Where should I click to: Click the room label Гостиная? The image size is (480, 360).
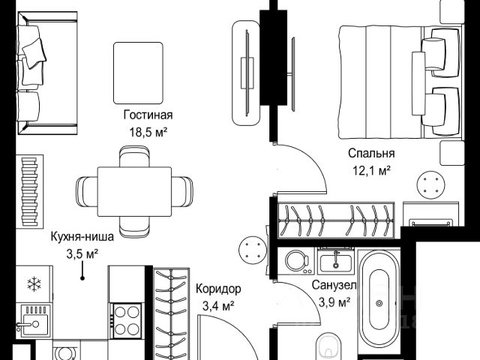pos(148,115)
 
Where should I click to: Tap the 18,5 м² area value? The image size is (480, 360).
pos(148,132)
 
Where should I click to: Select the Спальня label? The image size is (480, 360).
pos(371,153)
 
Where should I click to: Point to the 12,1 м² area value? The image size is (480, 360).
pos(372,170)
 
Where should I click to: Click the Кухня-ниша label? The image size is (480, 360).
pos(82,237)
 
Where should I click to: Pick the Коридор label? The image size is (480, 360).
pos(218,289)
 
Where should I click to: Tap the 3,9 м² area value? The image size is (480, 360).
pos(334,302)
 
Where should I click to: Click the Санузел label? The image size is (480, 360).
pos(334,285)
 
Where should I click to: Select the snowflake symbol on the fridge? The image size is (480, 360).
pos(34,283)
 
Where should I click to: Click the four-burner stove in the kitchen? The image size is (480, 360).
pos(127,321)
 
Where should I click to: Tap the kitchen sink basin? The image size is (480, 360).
pos(34,322)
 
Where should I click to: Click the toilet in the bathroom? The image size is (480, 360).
pos(329,346)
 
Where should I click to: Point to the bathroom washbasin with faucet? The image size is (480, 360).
pos(336,262)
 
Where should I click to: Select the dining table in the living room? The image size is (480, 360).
pos(134,192)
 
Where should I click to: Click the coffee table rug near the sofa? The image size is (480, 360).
pos(138,73)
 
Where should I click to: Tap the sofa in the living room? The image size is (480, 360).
pos(46,73)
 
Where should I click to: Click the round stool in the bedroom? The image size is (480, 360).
pos(431,185)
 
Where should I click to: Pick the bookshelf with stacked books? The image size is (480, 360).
pos(30,192)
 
